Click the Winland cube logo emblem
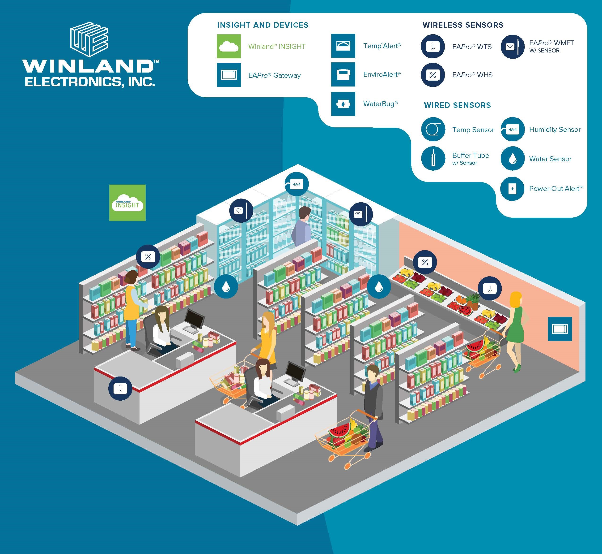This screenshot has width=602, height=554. pos(89,39)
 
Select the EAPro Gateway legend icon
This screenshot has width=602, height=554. pos(229,75)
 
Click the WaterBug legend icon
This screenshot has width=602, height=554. pos(343,104)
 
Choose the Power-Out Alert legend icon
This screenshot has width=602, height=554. pos(512,189)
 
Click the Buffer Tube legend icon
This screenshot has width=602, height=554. pos(433,158)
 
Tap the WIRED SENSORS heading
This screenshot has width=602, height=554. pos(457,105)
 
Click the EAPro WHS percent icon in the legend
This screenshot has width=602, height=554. pos(433,75)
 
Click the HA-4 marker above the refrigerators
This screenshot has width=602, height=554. pos(296,184)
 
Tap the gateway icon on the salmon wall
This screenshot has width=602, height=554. pos(560,329)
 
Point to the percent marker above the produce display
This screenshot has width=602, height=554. pos(425,262)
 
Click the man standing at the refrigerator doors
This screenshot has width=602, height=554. pos(302,228)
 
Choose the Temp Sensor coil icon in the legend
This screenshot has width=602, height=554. pos(433,130)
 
